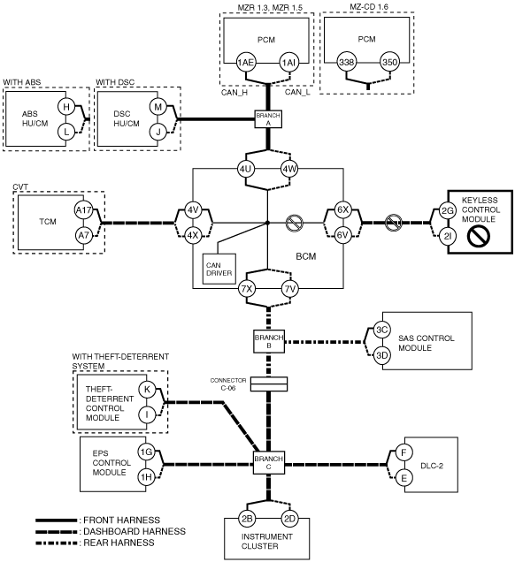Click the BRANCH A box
point(268,118)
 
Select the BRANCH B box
point(269,341)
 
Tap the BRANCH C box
point(269,462)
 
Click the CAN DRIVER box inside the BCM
point(219,269)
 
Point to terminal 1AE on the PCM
point(246,63)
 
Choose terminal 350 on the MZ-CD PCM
point(389,63)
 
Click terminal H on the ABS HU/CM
point(66,106)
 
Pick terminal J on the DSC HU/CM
point(158,133)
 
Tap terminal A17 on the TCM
point(83,210)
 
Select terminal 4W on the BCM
point(289,169)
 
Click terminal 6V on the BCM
point(342,235)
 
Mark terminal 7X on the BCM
point(247,289)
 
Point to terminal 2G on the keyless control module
point(448,210)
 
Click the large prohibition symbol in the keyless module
point(479,236)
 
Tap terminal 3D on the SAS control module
point(381,355)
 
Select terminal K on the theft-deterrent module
point(147,390)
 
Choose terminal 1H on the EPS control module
point(146,477)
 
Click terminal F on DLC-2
point(404,452)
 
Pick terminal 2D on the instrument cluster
point(289,519)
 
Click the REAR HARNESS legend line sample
point(57,543)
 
